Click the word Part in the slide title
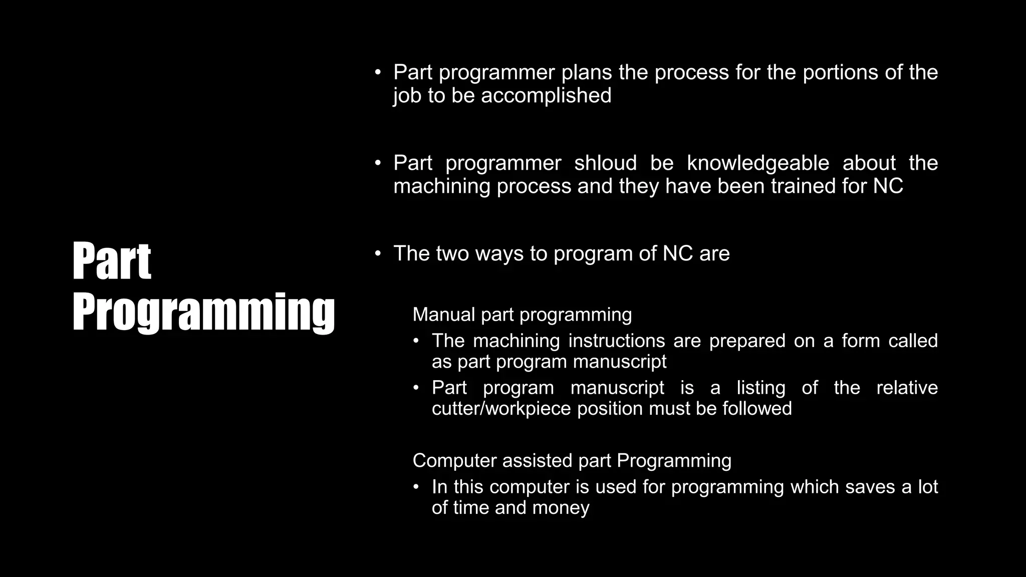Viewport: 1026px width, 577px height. (111, 261)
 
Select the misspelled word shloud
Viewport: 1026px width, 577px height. (605, 163)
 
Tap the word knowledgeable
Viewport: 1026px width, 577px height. (757, 163)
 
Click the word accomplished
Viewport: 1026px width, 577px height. (546, 96)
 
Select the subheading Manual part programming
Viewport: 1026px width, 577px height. (522, 315)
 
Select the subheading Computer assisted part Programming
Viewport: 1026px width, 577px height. (572, 460)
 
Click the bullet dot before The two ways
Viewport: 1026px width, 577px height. (378, 253)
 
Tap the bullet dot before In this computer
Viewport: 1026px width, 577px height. (416, 487)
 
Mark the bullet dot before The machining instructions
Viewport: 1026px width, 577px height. (416, 341)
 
